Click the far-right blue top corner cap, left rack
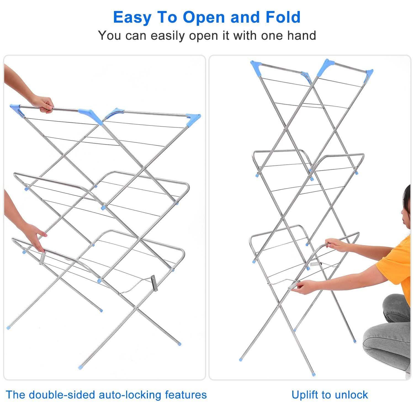pos(193,119)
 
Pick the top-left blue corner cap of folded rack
pos(255,67)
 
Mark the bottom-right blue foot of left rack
pos(179,344)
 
